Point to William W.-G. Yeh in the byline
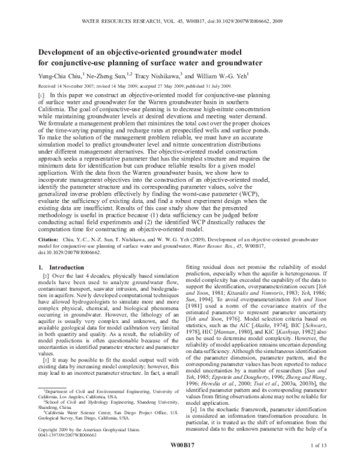[225, 75]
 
